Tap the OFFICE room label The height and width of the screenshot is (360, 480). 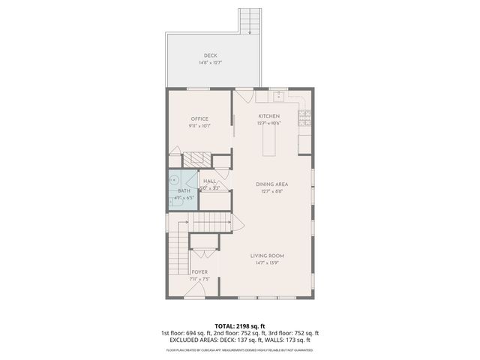coord(199,118)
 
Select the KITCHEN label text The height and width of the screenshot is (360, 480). coord(268,116)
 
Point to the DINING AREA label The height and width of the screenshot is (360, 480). coord(271,184)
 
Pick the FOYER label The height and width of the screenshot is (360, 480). coord(199,272)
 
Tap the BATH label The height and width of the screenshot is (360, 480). coord(184,191)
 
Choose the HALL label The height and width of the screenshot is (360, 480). coord(210,181)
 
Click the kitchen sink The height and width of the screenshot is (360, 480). coord(278,95)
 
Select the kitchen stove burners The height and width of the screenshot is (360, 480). coord(305,115)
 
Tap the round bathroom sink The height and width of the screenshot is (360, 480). coord(173,181)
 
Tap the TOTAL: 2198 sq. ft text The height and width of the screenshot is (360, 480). coord(239,325)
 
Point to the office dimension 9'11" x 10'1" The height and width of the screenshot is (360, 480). coord(199,126)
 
